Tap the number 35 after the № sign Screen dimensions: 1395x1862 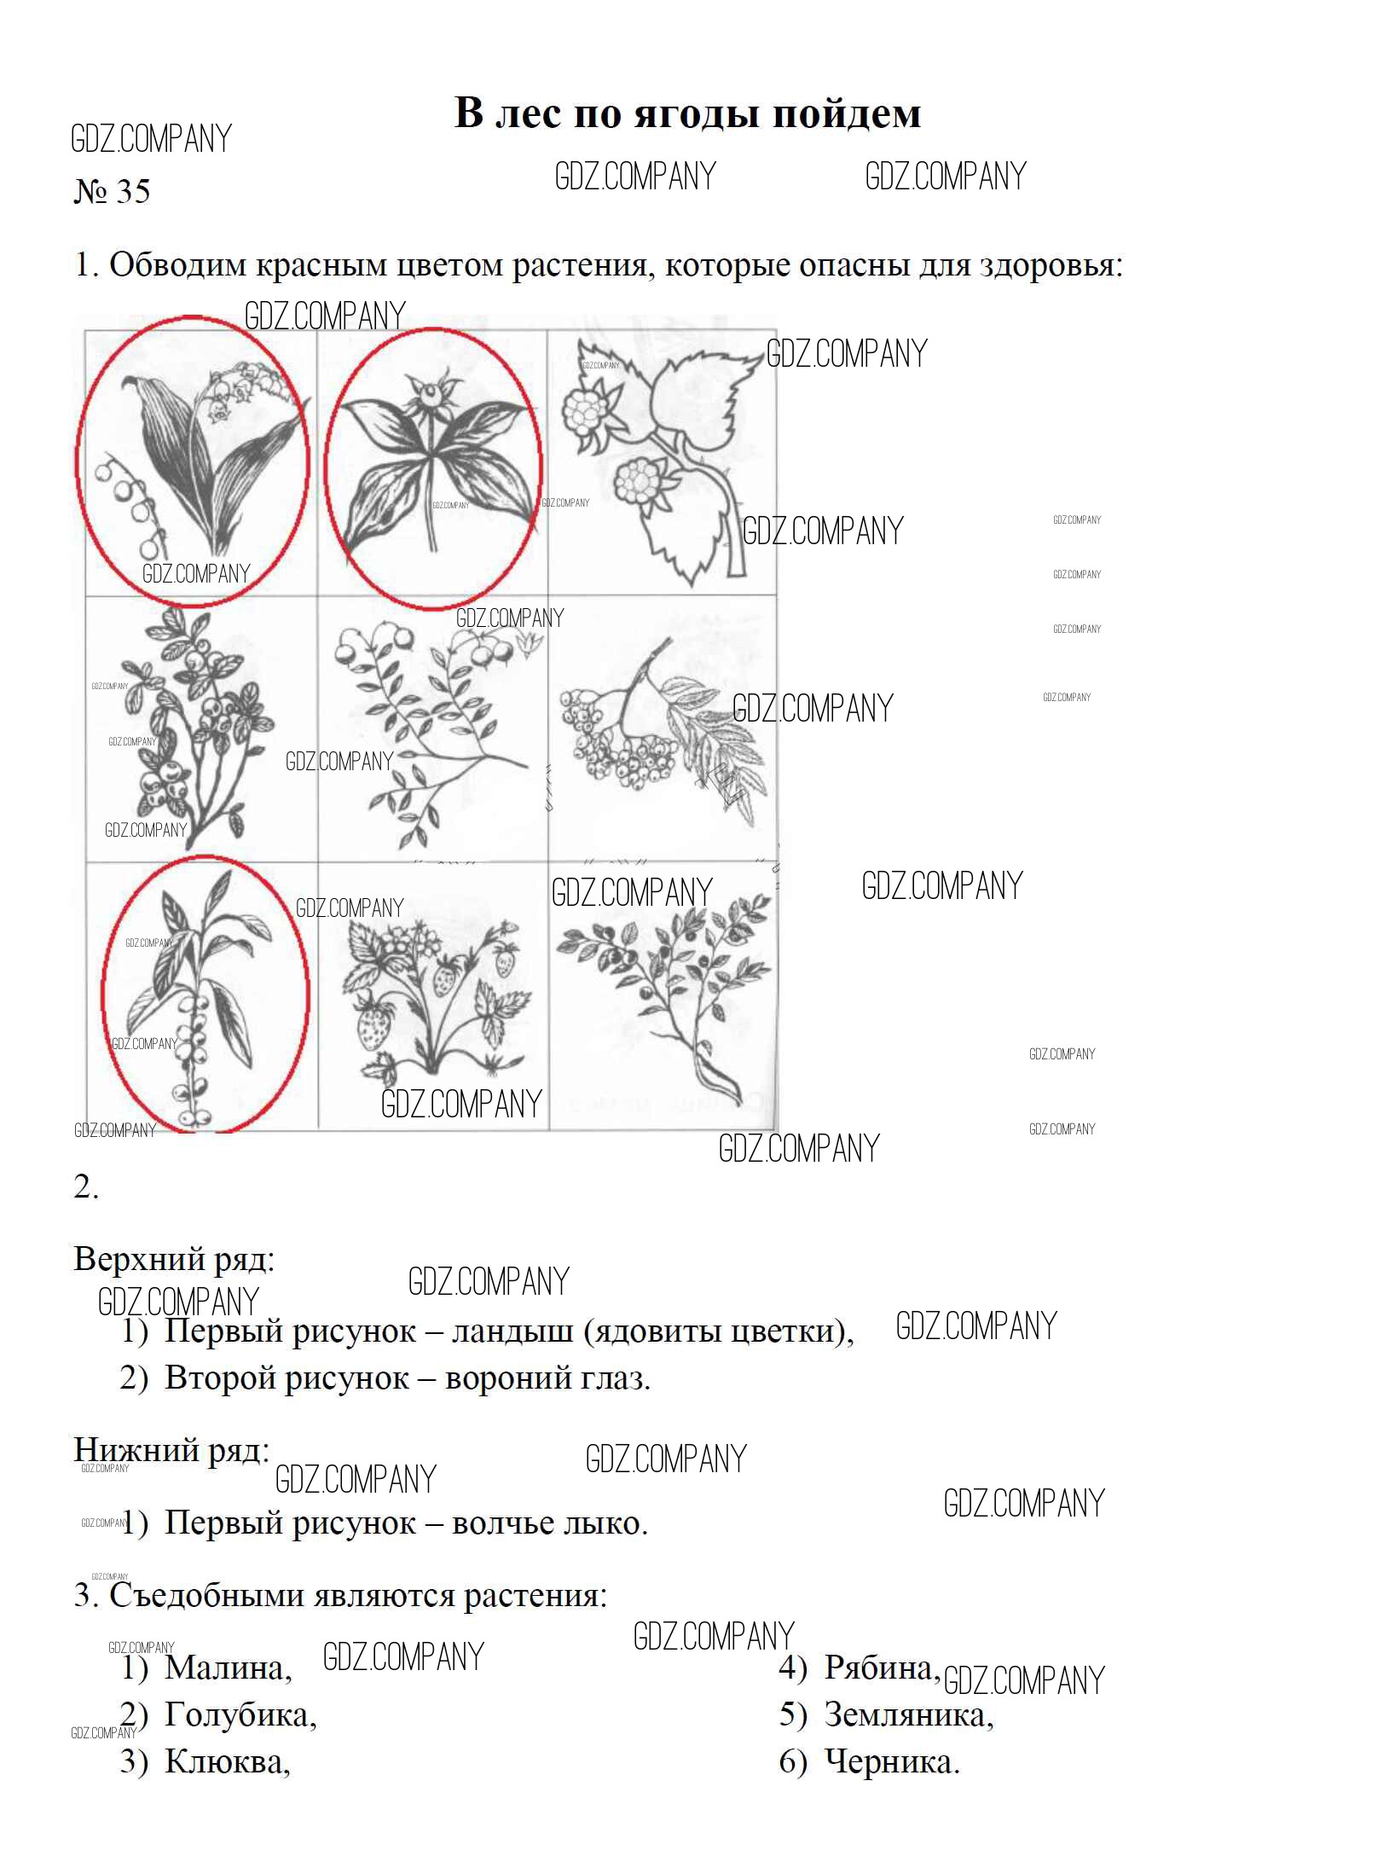(132, 191)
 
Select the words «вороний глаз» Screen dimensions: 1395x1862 (547, 1379)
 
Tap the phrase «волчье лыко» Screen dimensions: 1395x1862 (550, 1523)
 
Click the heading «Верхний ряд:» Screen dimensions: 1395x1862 (175, 1260)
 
